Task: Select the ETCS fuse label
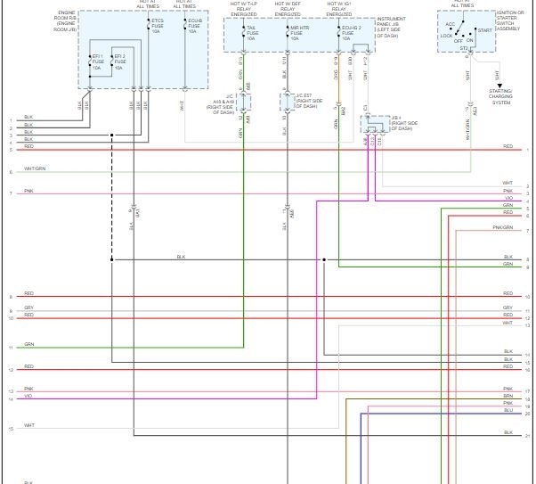pos(158,25)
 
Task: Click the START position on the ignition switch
pos(484,30)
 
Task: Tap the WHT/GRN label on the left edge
pos(35,168)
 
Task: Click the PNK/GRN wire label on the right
pos(503,228)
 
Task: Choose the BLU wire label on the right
pos(508,411)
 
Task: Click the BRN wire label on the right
pos(508,396)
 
